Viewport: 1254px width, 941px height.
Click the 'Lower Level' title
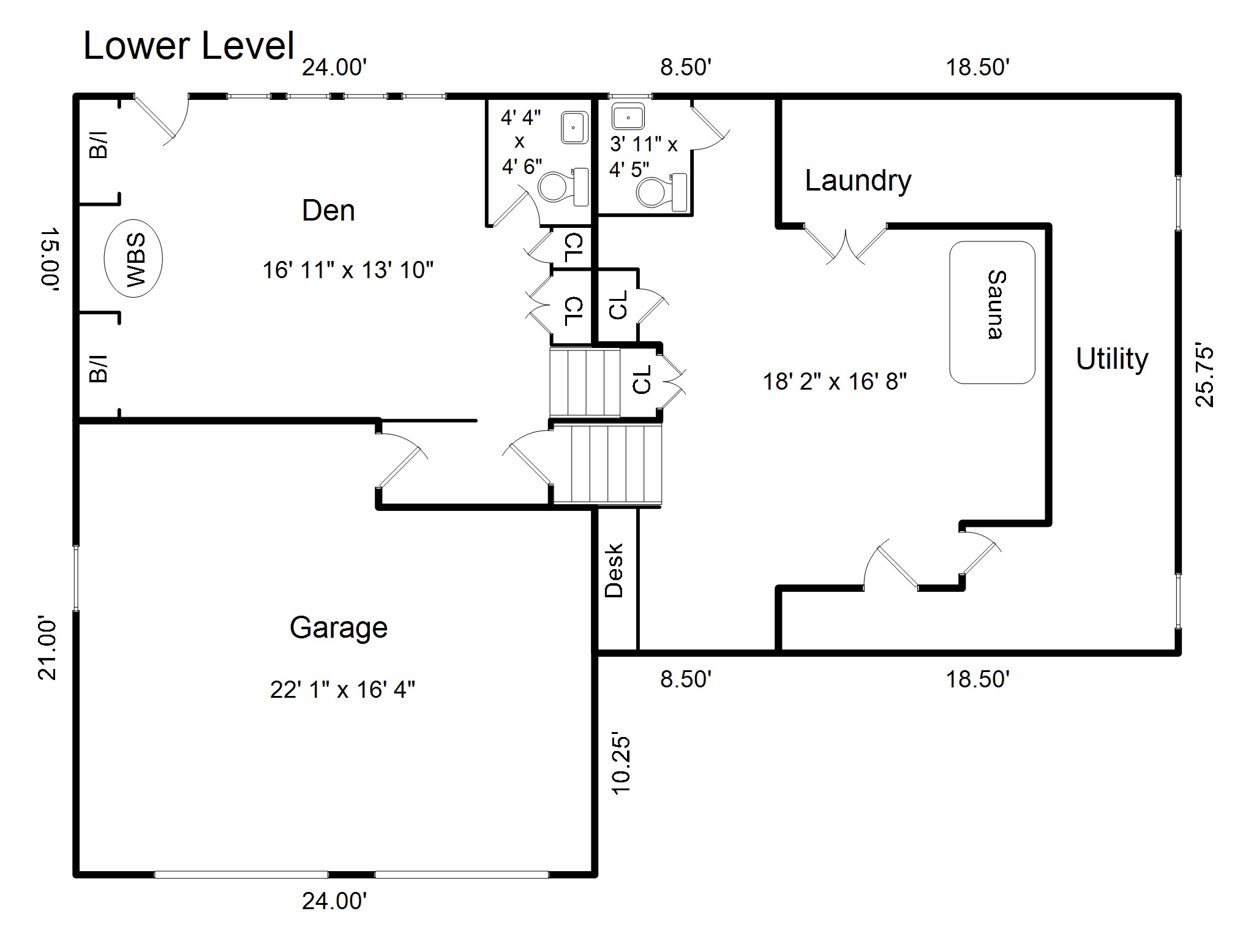click(x=189, y=46)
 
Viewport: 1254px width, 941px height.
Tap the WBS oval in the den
click(x=133, y=259)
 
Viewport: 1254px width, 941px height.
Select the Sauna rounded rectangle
click(x=992, y=312)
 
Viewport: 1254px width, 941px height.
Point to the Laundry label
click(x=858, y=181)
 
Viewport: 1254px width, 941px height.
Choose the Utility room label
click(x=1112, y=360)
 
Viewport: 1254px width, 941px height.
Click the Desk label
click(x=614, y=570)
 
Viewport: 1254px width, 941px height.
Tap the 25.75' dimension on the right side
click(x=1204, y=377)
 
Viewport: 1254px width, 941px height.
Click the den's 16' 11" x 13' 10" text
click(x=348, y=270)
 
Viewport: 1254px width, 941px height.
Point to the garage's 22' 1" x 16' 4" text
click(x=343, y=690)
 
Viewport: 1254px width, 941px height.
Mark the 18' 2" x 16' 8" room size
click(x=835, y=382)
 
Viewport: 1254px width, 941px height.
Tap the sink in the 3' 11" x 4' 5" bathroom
click(x=628, y=116)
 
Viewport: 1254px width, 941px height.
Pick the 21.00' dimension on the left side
click(x=48, y=650)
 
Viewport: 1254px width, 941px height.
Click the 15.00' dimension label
click(x=49, y=258)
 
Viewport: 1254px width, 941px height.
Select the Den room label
click(x=328, y=211)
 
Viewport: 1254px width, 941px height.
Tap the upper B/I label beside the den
click(x=99, y=145)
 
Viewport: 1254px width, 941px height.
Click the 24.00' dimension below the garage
click(x=334, y=901)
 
